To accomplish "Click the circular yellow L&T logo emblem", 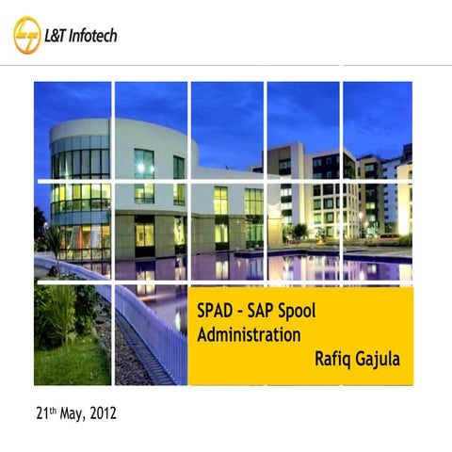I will [x=27, y=35].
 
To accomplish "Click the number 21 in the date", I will [x=41, y=413].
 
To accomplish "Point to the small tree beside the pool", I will [x=299, y=231].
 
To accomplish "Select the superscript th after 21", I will [x=53, y=410].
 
